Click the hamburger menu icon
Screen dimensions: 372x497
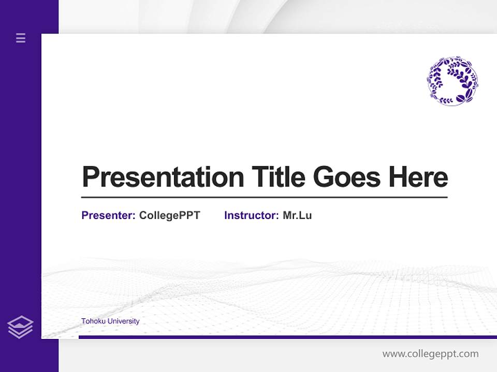click(x=21, y=38)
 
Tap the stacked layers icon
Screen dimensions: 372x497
click(x=20, y=327)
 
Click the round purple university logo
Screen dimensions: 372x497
click(x=452, y=81)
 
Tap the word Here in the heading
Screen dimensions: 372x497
click(x=418, y=177)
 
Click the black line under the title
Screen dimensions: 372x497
click(x=264, y=197)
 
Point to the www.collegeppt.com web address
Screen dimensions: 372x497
click(x=430, y=354)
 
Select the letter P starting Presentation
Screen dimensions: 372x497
click(x=91, y=177)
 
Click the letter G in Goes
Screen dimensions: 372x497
click(x=324, y=177)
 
